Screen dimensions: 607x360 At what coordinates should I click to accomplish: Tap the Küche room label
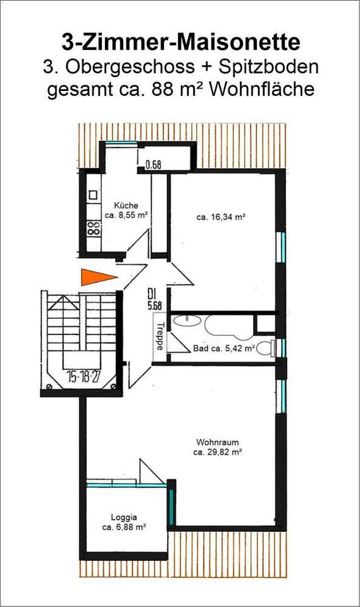[126, 205]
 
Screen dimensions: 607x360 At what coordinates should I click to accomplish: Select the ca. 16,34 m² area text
[221, 217]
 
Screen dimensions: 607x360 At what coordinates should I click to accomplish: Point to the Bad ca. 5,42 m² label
[223, 348]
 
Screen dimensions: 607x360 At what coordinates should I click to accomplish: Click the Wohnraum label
[218, 442]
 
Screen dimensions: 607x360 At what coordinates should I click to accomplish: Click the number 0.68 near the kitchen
[153, 166]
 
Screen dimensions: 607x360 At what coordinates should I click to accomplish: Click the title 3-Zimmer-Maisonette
[180, 42]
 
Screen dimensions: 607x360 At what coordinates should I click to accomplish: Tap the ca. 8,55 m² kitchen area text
[126, 216]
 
